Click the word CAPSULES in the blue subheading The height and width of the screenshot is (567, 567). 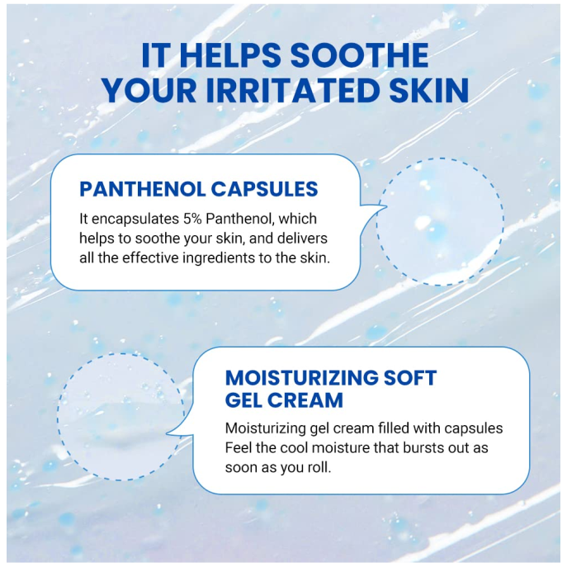coord(264,189)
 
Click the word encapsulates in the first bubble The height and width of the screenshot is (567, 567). coord(134,220)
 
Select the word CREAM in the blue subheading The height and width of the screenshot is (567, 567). coord(310,401)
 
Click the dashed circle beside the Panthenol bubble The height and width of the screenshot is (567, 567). coord(440,222)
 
